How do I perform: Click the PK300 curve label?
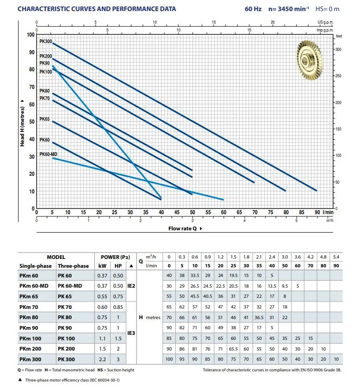point(45,41)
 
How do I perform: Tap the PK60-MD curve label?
point(48,154)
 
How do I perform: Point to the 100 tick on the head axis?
point(31,35)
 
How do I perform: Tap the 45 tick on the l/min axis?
point(177,212)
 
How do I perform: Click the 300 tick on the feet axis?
point(338,49)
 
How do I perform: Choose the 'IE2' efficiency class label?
point(131,286)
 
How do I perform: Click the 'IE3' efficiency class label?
point(131,333)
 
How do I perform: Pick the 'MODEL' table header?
point(56,257)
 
